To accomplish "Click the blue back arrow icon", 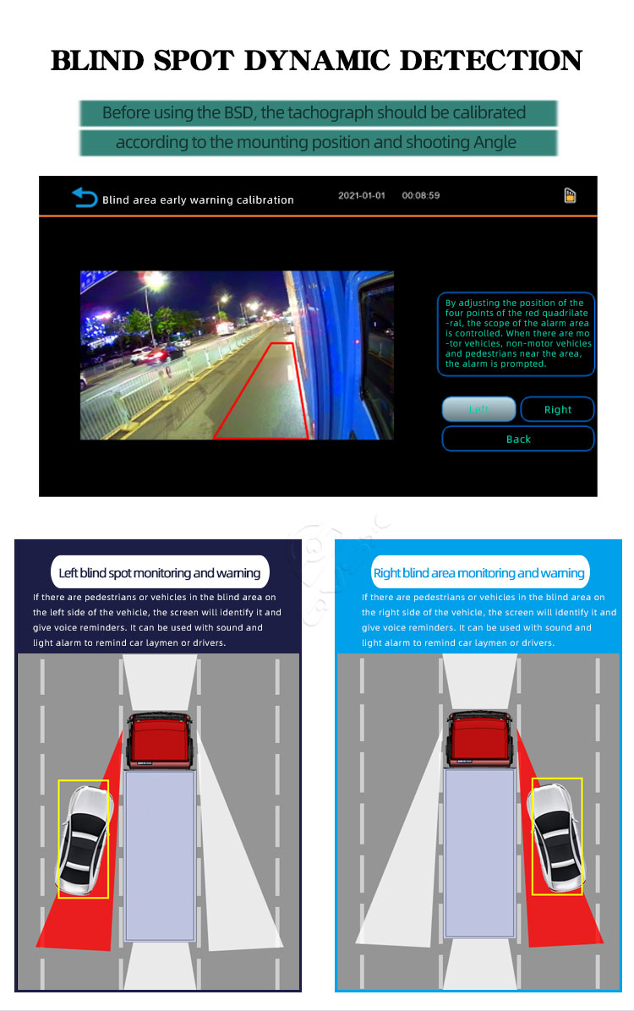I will point(85,197).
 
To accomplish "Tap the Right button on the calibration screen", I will point(557,409).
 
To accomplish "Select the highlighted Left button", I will point(478,409).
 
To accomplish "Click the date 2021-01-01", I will point(361,196).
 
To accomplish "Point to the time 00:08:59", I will point(421,196).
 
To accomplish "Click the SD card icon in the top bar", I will point(570,196).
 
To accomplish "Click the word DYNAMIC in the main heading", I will point(320,61).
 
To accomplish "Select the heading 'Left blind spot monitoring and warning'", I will point(160,573).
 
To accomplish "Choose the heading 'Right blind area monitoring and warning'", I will point(478,573).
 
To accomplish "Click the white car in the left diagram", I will point(84,837).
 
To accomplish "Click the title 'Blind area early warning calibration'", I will point(198,200).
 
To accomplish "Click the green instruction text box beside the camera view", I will point(516,333).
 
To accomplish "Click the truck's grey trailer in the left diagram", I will point(159,854).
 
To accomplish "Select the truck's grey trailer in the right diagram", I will point(479,854).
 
